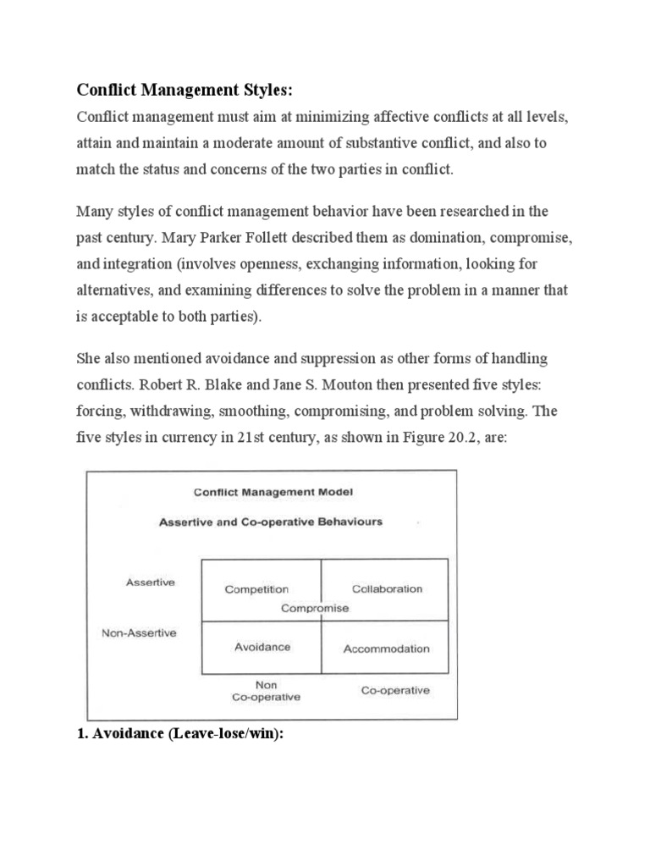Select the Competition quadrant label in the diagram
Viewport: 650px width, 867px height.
pyautogui.click(x=256, y=589)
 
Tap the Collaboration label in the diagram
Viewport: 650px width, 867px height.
pyautogui.click(x=387, y=588)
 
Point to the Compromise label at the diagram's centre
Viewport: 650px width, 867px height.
pyautogui.click(x=314, y=607)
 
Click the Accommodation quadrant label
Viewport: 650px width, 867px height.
pyautogui.click(x=386, y=649)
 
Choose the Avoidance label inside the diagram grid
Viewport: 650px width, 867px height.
pyautogui.click(x=262, y=647)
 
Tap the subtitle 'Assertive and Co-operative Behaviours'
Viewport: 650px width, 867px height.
pyautogui.click(x=271, y=522)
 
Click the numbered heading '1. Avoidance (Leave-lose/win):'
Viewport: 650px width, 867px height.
pyautogui.click(x=179, y=733)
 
